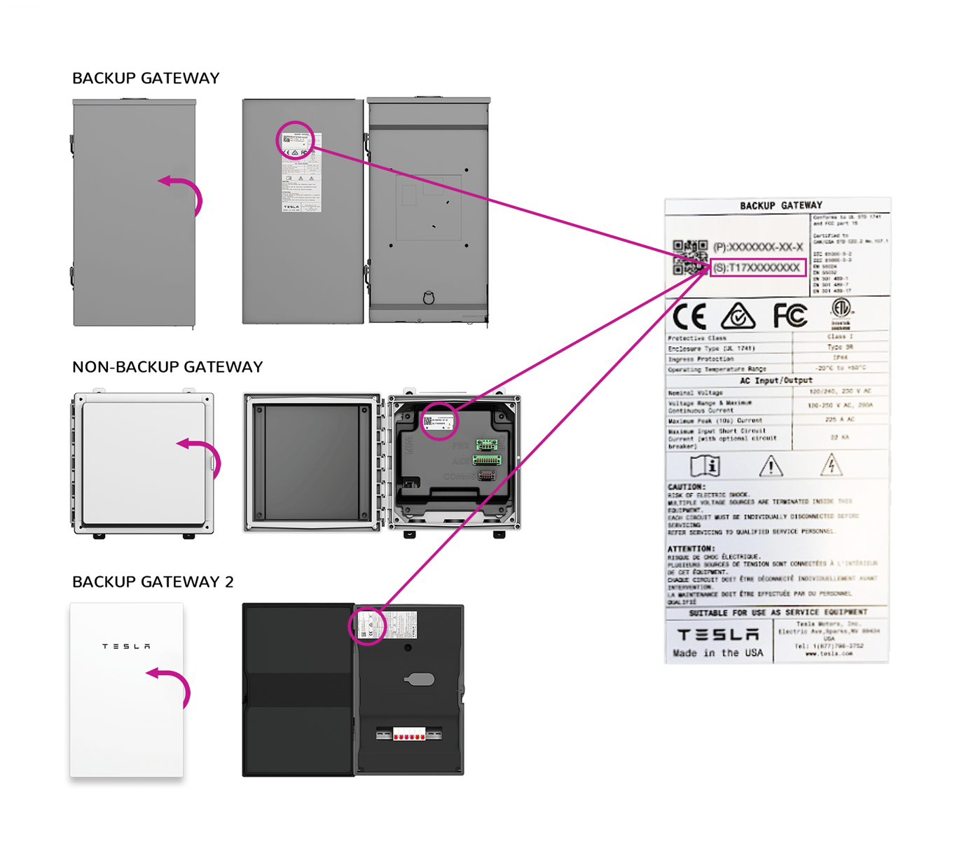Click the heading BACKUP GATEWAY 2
pyautogui.click(x=153, y=582)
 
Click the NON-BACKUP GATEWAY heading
pyautogui.click(x=167, y=367)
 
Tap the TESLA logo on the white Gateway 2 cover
pyautogui.click(x=126, y=646)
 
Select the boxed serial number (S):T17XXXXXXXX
pyautogui.click(x=757, y=268)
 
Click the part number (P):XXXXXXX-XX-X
pyautogui.click(x=758, y=247)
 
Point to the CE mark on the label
pyautogui.click(x=689, y=317)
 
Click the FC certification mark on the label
pyautogui.click(x=790, y=316)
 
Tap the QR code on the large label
pyautogui.click(x=690, y=256)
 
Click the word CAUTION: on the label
pyautogui.click(x=687, y=487)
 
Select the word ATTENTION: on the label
pyautogui.click(x=691, y=549)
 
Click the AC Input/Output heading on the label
pyautogui.click(x=776, y=380)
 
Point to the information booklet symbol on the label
pyautogui.click(x=705, y=466)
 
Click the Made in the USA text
pyautogui.click(x=718, y=653)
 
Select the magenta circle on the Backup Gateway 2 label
pyautogui.click(x=368, y=625)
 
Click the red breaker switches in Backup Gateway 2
pyautogui.click(x=409, y=735)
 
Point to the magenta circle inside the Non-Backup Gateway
pyautogui.click(x=439, y=422)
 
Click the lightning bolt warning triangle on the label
pyautogui.click(x=831, y=466)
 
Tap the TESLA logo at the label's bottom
pyautogui.click(x=718, y=634)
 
